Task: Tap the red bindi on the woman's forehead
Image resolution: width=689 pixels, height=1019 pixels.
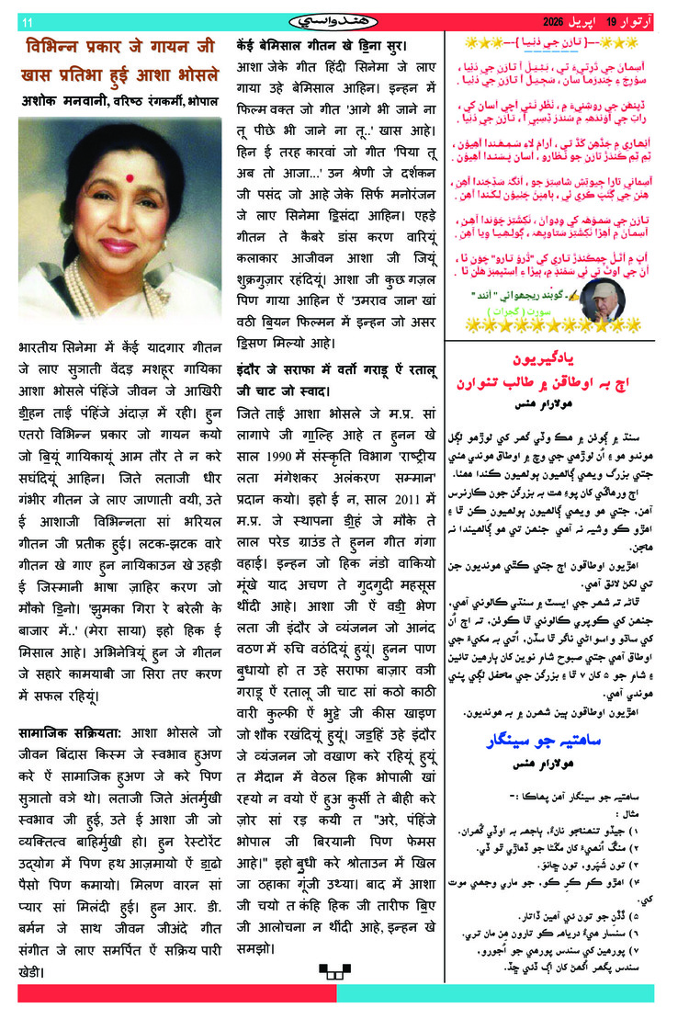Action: pos(120,173)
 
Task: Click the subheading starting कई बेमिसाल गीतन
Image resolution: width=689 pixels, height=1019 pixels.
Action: pos(322,44)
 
